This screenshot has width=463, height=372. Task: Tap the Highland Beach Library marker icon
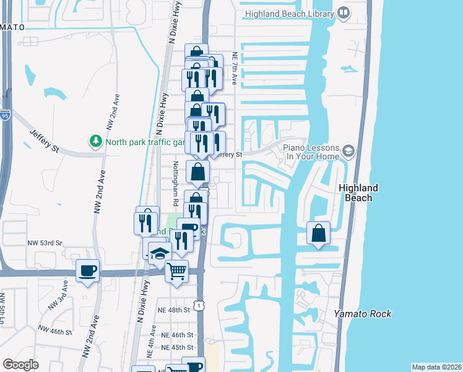[344, 13]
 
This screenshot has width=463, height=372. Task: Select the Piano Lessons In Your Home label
[311, 152]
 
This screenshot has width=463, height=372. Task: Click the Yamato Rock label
[362, 314]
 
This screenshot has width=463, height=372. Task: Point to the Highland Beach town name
[358, 193]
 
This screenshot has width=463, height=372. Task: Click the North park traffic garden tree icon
[95, 141]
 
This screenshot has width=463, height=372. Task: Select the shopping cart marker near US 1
[177, 270]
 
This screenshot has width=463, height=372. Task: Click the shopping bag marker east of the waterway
[318, 234]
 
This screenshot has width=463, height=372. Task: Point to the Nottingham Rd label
[175, 184]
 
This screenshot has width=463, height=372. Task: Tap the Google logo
[21, 365]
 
